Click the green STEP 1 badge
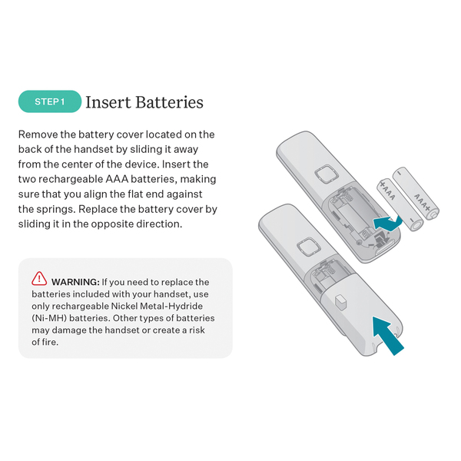click(x=50, y=101)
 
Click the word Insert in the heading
click(x=108, y=102)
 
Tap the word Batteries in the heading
click(x=169, y=102)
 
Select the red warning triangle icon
click(x=39, y=278)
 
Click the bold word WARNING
click(x=75, y=282)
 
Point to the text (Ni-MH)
click(x=49, y=318)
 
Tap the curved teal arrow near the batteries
click(x=386, y=223)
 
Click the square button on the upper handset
click(x=327, y=174)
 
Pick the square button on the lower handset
click(x=308, y=247)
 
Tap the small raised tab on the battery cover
click(x=340, y=302)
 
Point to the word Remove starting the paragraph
click(x=38, y=134)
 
